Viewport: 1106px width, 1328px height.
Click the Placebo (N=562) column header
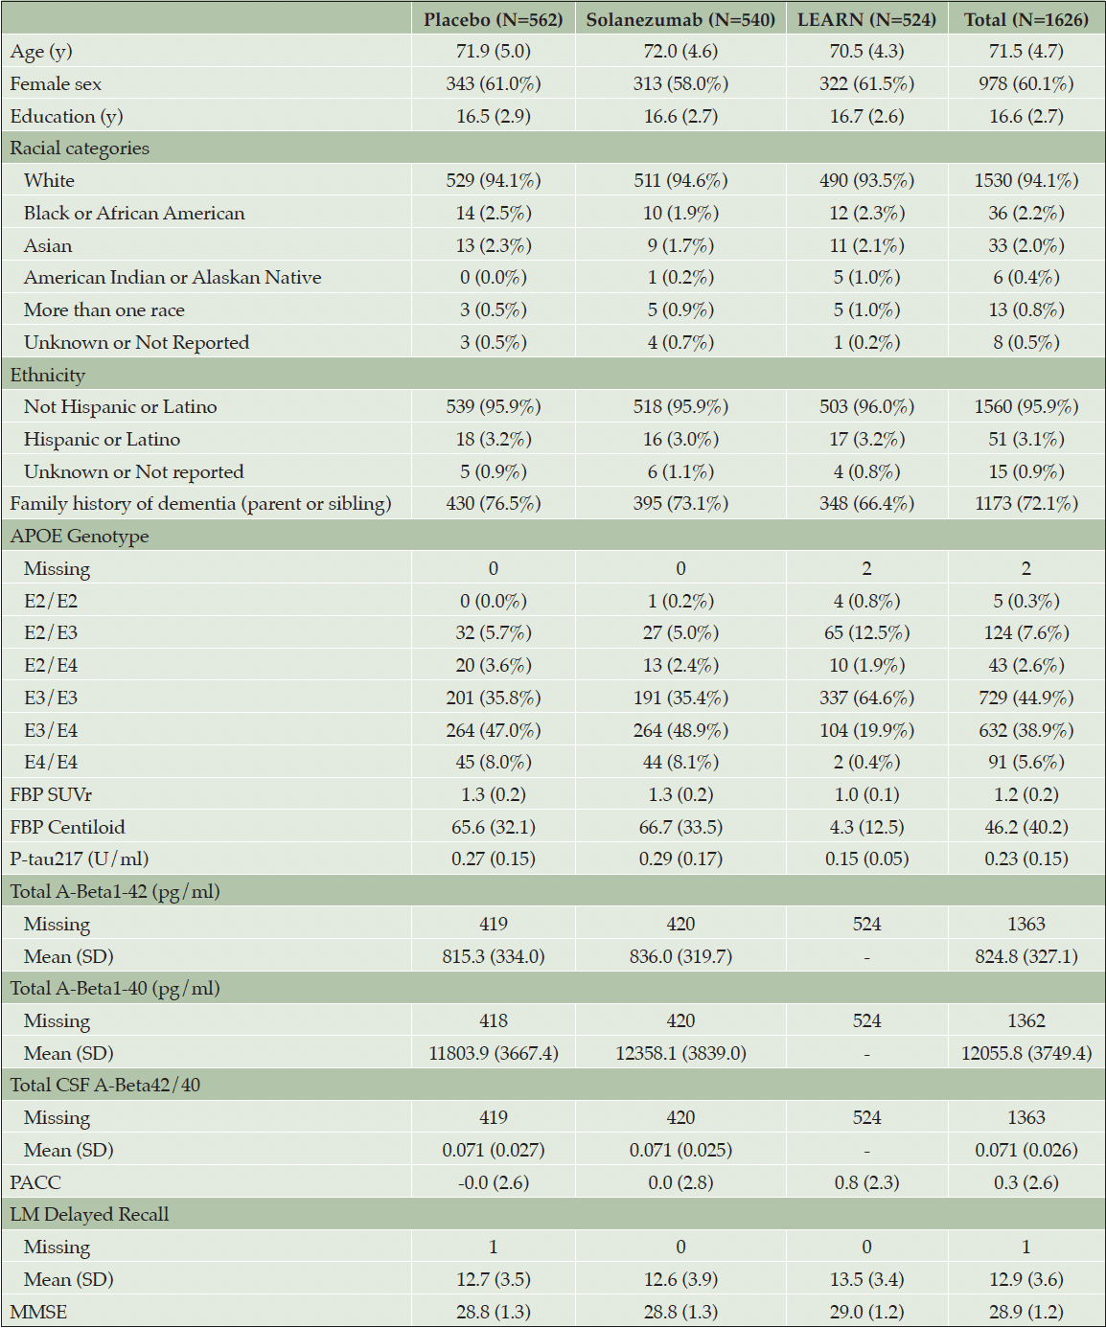tap(494, 20)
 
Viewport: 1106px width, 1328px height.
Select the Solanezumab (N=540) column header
tap(680, 20)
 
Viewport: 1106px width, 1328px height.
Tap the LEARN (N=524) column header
tap(866, 20)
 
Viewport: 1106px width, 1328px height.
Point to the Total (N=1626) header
tap(1025, 20)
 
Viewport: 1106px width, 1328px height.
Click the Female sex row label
tap(56, 84)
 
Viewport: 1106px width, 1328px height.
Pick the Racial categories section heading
tap(80, 149)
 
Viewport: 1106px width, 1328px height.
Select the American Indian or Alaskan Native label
tap(173, 277)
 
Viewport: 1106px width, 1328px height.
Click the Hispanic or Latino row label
tap(102, 439)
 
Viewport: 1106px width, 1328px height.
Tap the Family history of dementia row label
tap(200, 504)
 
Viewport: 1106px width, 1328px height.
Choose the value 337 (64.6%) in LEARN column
tap(866, 698)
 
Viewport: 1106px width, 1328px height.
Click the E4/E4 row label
tap(51, 762)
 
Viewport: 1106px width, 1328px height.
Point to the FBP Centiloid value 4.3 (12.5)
tap(866, 827)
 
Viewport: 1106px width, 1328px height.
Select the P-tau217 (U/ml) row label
tap(80, 859)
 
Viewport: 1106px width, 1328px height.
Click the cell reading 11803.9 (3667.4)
tap(494, 1053)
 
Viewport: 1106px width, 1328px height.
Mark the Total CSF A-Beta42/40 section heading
tap(105, 1085)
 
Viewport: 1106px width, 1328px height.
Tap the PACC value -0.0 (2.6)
tap(494, 1182)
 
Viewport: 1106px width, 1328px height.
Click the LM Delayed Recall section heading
tap(90, 1214)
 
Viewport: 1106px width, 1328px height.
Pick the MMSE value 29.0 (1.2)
tap(866, 1312)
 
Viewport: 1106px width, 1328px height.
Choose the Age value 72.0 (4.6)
tap(680, 52)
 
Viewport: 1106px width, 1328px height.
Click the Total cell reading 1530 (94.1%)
tap(1025, 181)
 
